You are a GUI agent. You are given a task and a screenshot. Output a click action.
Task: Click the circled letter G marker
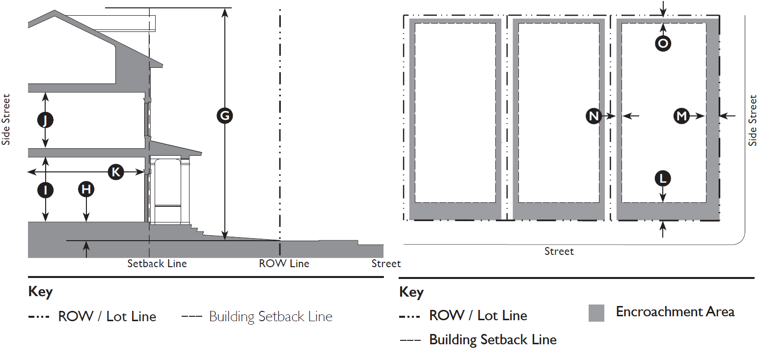(224, 116)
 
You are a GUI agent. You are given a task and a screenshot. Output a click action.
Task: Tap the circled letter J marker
(46, 120)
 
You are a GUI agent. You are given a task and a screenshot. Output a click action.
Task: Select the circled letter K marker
(116, 172)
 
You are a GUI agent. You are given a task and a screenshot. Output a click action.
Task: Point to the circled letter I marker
(46, 190)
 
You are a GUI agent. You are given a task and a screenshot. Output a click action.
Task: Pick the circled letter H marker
(86, 190)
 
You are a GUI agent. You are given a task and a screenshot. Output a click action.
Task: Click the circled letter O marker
(663, 44)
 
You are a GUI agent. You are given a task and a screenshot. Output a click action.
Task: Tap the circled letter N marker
(594, 116)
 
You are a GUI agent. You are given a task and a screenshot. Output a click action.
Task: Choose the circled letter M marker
(681, 116)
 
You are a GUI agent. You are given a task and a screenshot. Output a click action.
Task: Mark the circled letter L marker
(663, 178)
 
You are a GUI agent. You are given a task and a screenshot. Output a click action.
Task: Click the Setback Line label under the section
(157, 264)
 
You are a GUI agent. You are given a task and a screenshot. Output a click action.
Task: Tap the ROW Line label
(284, 264)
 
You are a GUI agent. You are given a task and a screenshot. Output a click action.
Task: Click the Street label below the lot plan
(559, 251)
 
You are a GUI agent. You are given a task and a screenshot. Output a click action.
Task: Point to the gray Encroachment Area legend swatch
(596, 313)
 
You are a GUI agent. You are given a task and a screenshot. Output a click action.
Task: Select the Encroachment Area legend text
(675, 312)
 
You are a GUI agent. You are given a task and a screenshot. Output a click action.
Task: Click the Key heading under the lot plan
(411, 293)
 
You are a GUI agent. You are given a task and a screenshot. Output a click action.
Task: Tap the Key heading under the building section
(40, 292)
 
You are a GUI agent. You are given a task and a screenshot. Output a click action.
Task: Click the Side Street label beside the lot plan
(753, 121)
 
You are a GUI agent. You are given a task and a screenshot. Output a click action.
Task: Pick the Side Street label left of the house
(6, 120)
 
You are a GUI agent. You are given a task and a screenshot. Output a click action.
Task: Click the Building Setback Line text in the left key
(271, 317)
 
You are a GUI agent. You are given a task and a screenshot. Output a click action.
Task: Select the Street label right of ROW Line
(386, 264)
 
